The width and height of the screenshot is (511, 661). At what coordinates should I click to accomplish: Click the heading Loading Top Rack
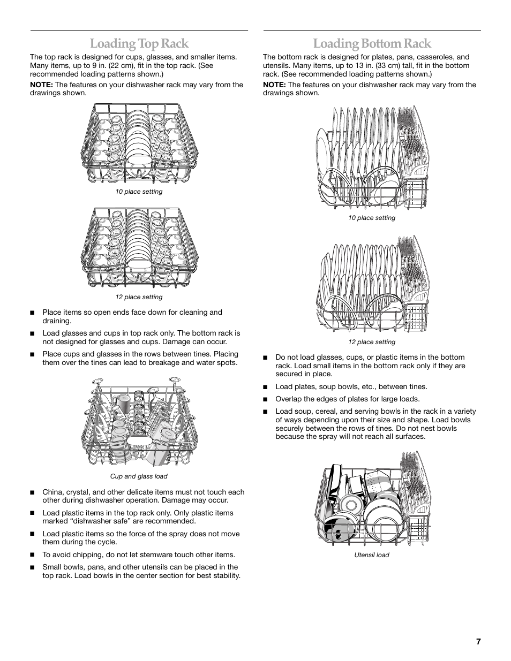139,43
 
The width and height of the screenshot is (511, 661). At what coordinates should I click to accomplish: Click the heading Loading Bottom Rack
372,43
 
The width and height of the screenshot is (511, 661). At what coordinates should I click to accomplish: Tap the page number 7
478,642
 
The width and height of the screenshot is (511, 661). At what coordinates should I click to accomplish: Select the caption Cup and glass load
139,476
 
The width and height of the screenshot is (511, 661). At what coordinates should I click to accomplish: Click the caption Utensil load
371,555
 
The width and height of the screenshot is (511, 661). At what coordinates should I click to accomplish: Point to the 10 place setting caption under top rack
139,192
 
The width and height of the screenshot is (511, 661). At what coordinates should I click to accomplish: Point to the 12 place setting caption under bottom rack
371,342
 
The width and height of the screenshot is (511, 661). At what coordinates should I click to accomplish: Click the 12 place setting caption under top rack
139,297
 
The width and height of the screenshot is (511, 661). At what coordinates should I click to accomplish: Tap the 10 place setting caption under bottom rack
371,218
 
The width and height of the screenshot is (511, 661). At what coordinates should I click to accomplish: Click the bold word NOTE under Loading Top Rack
41,85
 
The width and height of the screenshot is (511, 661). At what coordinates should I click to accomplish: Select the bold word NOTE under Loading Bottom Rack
274,85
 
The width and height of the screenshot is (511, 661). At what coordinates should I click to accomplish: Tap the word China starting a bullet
52,492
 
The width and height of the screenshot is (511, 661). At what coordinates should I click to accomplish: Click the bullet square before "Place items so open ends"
32,313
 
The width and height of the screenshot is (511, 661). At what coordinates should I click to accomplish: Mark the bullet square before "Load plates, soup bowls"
265,387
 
